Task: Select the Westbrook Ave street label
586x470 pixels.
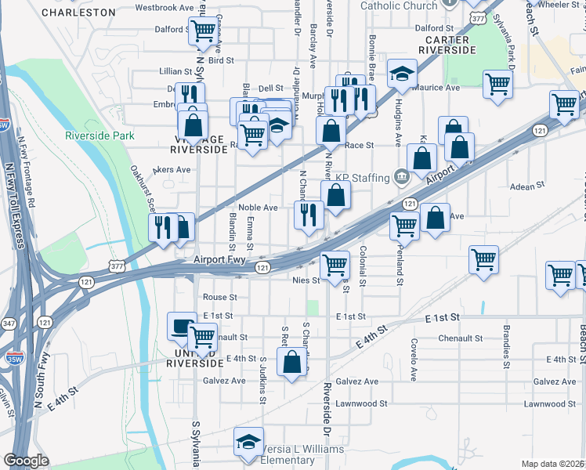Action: click(165, 7)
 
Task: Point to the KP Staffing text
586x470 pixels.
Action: click(363, 178)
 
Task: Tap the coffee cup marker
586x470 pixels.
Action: click(182, 326)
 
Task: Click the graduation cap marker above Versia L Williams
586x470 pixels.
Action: click(248, 442)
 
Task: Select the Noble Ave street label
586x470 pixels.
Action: click(259, 208)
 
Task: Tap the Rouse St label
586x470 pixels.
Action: click(219, 298)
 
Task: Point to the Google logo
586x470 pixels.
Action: click(27, 461)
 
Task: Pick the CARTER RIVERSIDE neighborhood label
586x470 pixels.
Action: click(447, 45)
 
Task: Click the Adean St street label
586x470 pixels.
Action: click(526, 186)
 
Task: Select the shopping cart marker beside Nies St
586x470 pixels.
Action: click(335, 264)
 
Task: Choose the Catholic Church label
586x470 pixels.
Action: click(399, 5)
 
